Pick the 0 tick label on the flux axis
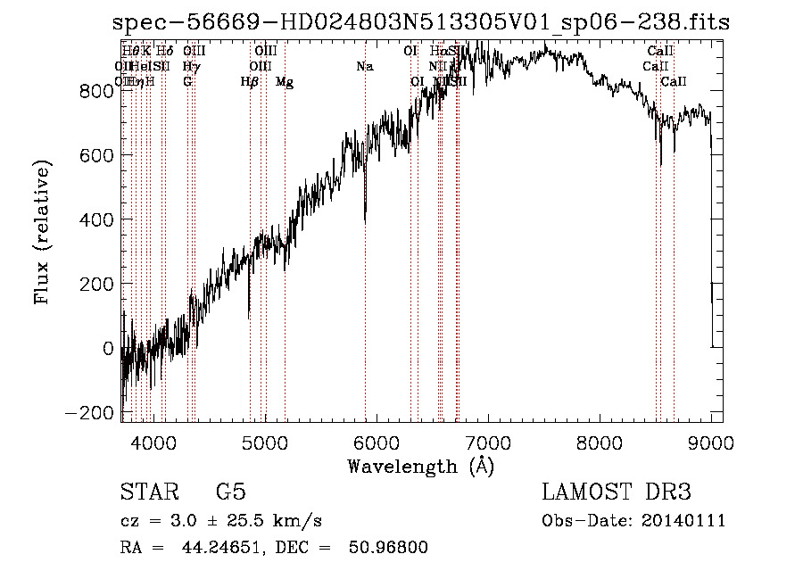pos(109,348)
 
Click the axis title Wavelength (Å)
pos(420,466)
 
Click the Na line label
pos(364,67)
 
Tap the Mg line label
pos(285,82)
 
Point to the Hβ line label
pos(250,82)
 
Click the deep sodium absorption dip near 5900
pos(365,214)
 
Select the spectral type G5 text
pos(230,492)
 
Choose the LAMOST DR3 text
pos(616,492)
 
